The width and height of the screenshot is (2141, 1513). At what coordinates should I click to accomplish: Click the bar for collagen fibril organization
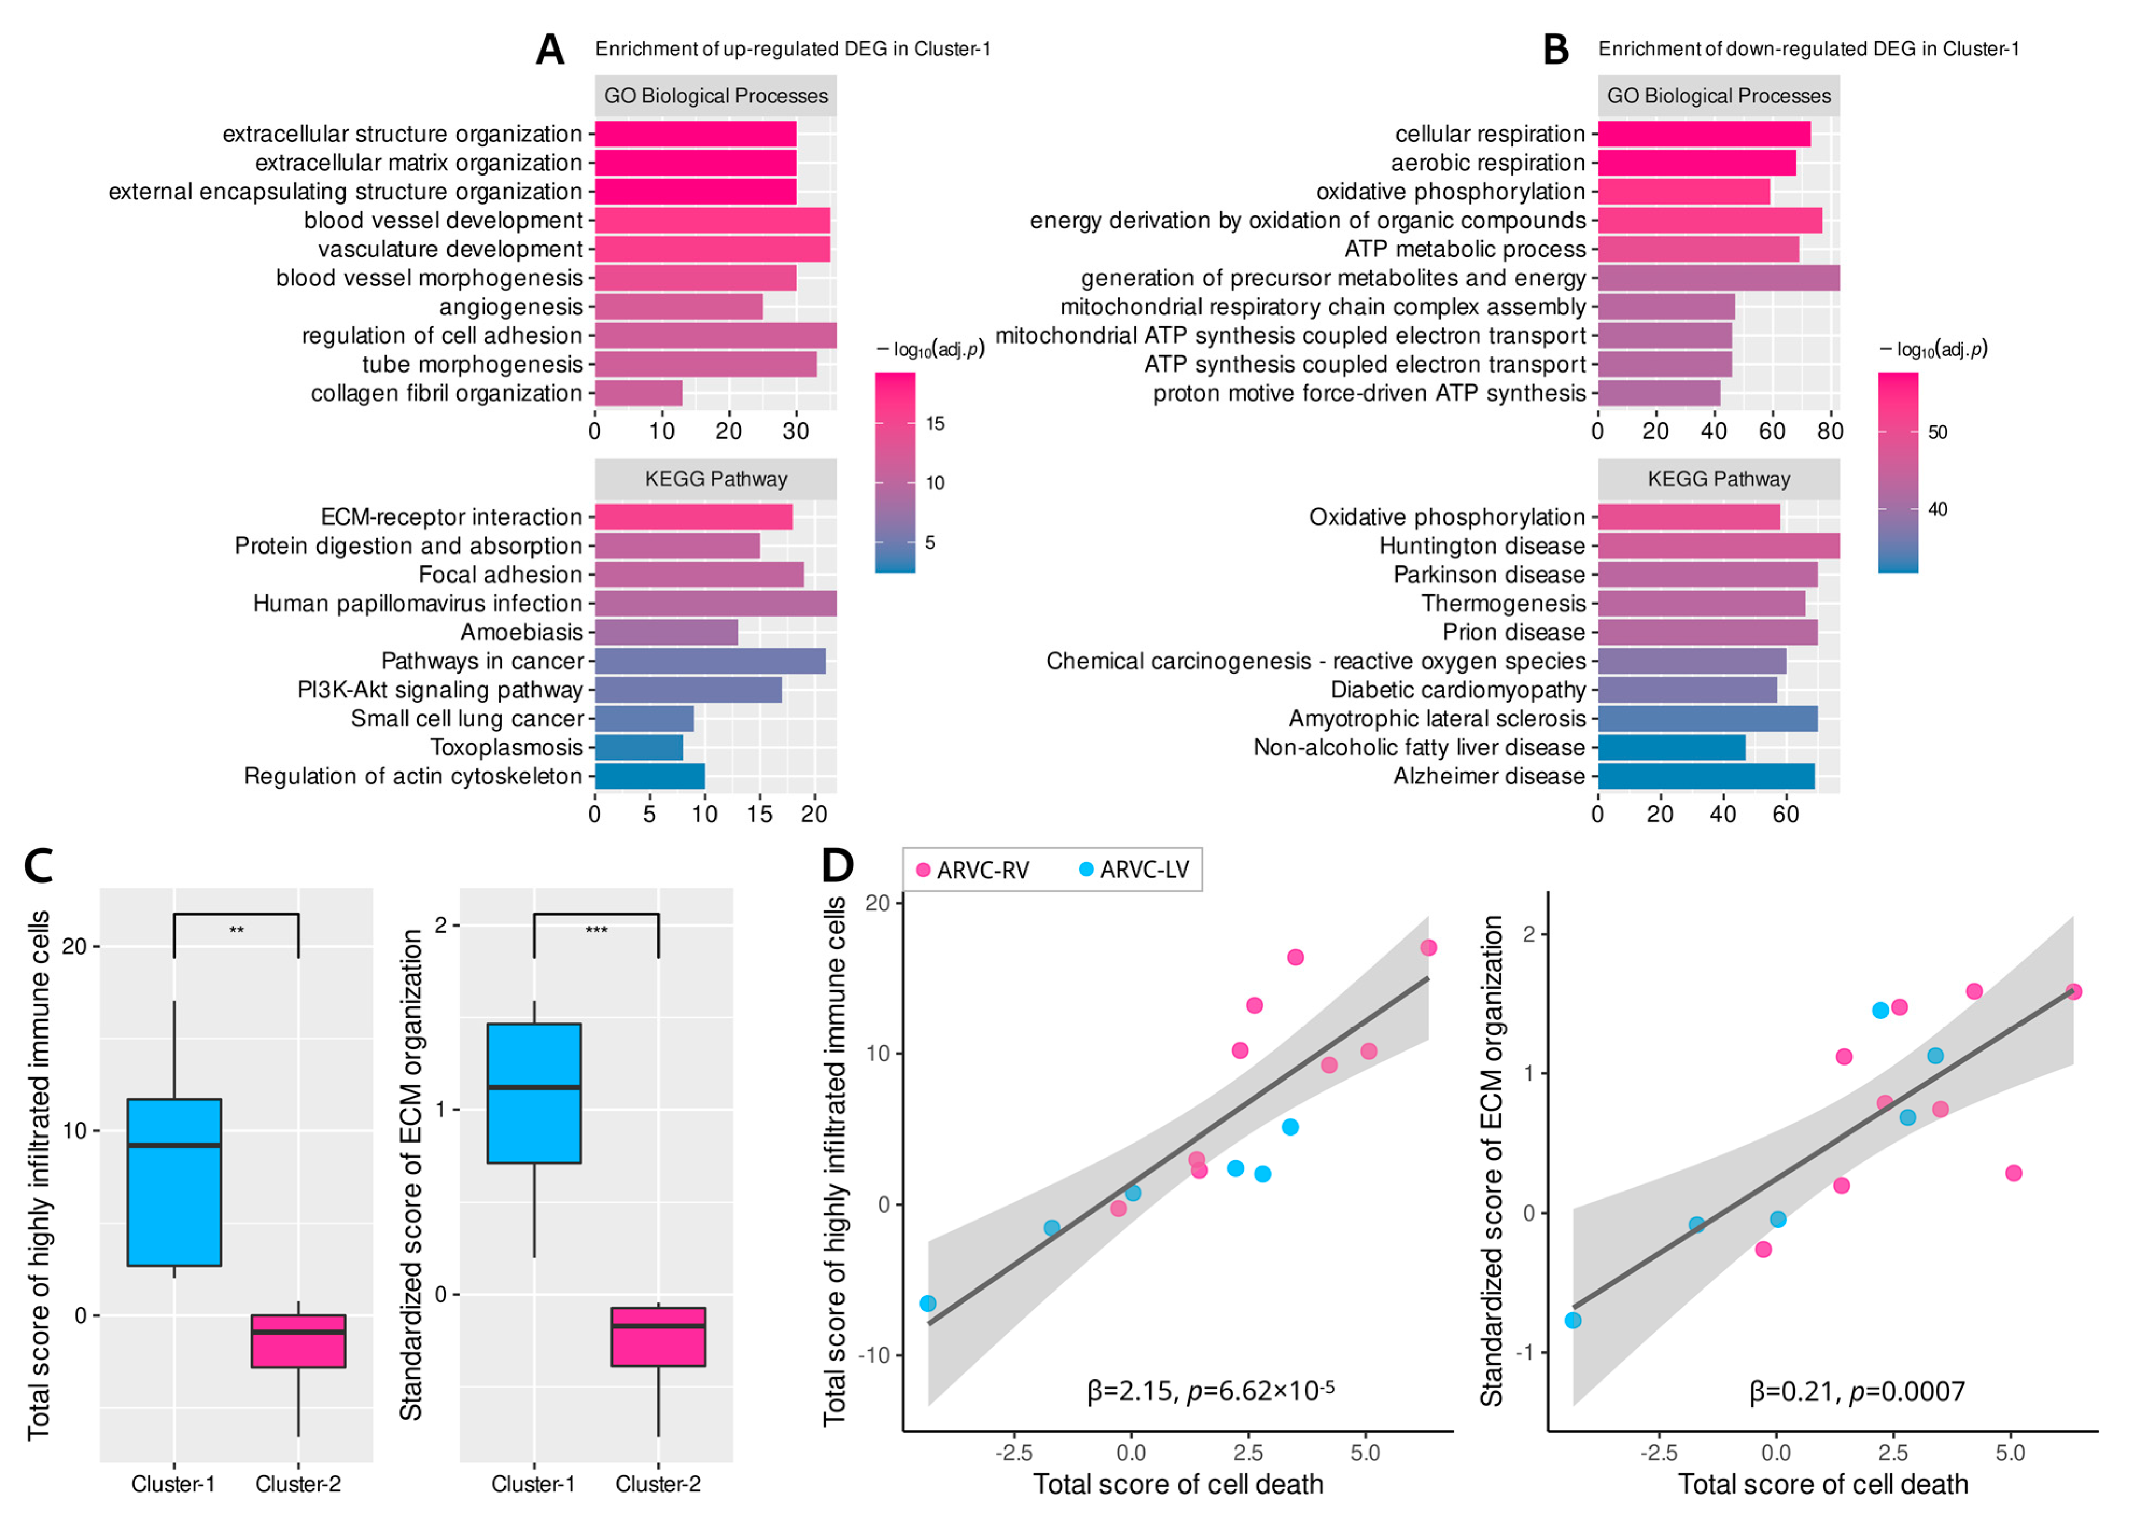[639, 393]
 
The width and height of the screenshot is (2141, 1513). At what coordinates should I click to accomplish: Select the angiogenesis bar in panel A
[679, 307]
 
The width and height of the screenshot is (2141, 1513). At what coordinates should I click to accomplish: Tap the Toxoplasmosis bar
[639, 747]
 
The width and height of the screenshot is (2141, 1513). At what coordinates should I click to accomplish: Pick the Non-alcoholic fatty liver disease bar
[1671, 747]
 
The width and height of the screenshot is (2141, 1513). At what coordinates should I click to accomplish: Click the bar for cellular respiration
[1704, 134]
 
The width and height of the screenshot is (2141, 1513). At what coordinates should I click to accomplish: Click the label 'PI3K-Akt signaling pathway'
[440, 689]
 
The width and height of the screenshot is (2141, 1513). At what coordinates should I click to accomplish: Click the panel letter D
[837, 866]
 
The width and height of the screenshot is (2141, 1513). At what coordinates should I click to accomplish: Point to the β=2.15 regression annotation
[1210, 1391]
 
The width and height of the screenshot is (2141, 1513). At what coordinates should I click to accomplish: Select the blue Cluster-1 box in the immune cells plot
[174, 1182]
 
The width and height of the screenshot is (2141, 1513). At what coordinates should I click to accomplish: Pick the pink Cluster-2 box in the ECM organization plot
[658, 1337]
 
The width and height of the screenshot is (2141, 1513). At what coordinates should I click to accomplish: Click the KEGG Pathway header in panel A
[715, 479]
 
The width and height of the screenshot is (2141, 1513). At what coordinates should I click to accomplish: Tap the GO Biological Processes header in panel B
[1718, 96]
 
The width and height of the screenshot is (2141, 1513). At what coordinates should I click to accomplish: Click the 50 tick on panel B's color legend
[1937, 432]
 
